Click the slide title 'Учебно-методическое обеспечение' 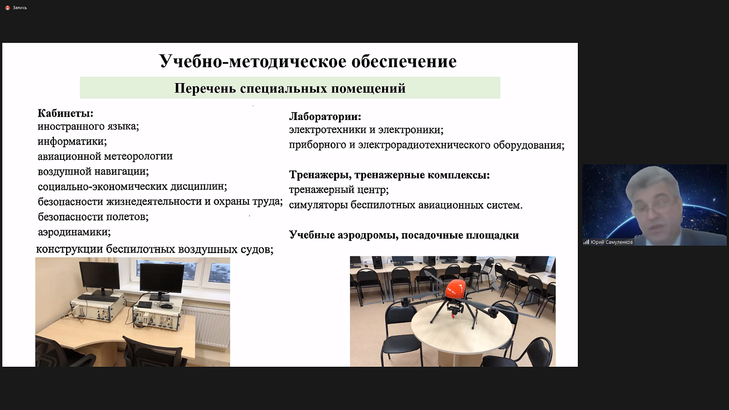308,62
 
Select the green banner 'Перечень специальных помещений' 290,88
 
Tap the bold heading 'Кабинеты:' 66,113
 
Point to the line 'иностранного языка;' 88,126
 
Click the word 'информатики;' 72,141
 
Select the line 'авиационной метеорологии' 105,156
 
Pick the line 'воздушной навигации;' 93,171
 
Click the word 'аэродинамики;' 74,232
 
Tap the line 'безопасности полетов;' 93,217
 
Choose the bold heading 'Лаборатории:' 325,117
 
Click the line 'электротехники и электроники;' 365,130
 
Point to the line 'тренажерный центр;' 338,190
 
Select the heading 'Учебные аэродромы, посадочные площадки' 403,235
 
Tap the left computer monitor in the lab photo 99,275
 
